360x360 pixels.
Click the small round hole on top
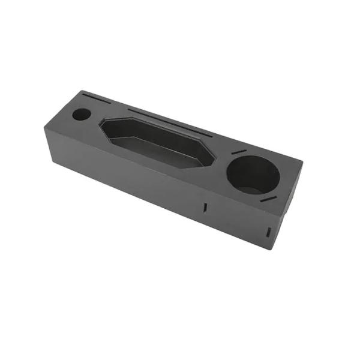[x=80, y=114]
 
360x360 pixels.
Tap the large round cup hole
[x=253, y=174]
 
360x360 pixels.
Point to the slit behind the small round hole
[x=96, y=97]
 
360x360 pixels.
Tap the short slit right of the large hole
[x=269, y=199]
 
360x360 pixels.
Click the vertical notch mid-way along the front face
[x=205, y=207]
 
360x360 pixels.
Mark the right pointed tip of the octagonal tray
[x=214, y=161]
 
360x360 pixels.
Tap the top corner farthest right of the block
[x=302, y=161]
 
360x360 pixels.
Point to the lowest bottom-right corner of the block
[x=273, y=248]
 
